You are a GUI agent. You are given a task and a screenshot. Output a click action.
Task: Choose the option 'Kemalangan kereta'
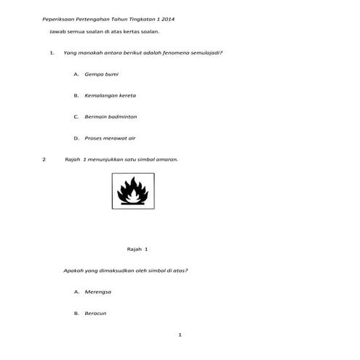pyautogui.click(x=110, y=95)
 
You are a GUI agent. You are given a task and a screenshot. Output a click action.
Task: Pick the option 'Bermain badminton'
pyautogui.click(x=111, y=116)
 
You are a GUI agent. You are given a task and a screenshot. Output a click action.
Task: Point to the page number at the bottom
pyautogui.click(x=179, y=335)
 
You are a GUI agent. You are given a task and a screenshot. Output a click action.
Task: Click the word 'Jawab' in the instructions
pyautogui.click(x=56, y=33)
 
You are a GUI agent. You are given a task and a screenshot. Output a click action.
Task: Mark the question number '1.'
pyautogui.click(x=52, y=53)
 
